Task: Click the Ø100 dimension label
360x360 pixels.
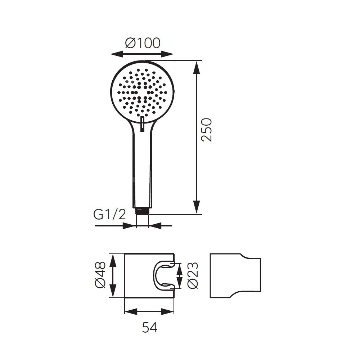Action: [x=143, y=43]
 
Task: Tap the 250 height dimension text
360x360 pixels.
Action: [x=206, y=130]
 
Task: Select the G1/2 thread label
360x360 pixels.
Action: [x=109, y=215]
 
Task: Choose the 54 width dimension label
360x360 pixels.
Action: [x=150, y=327]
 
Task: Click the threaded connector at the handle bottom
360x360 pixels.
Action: [x=143, y=211]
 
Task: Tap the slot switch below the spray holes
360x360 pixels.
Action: [x=142, y=124]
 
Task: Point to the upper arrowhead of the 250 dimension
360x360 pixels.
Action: [x=197, y=68]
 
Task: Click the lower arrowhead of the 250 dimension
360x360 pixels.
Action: [x=197, y=207]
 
